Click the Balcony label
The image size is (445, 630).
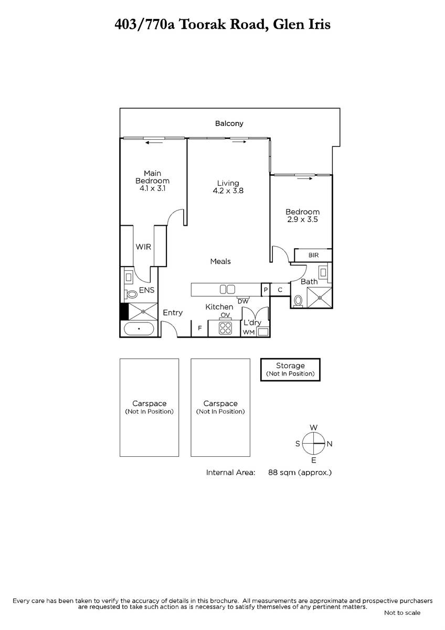(229, 123)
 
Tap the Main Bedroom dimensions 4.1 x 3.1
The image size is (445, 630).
(153, 188)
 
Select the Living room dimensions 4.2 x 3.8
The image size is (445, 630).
(228, 191)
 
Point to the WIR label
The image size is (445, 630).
(143, 247)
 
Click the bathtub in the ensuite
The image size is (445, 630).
(139, 329)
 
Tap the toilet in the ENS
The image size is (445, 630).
(131, 294)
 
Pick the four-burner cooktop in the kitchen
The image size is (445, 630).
(226, 328)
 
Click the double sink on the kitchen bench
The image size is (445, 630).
(227, 289)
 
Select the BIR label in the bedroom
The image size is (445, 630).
(313, 255)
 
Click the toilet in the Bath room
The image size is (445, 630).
(298, 301)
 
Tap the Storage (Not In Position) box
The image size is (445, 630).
(290, 370)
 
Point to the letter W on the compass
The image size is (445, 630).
(314, 427)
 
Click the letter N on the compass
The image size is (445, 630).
(330, 444)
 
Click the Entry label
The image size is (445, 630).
(173, 313)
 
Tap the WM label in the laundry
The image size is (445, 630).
(249, 332)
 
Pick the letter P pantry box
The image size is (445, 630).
(266, 289)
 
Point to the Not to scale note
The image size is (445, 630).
(402, 613)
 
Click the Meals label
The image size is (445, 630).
(220, 261)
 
